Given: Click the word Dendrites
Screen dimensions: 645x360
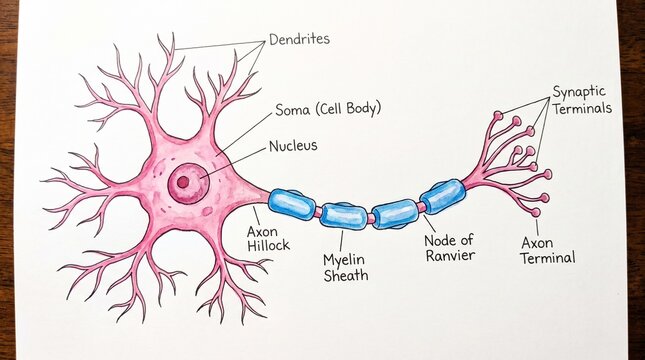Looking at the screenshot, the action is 299,39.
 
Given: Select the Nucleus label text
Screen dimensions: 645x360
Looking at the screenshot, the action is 293,146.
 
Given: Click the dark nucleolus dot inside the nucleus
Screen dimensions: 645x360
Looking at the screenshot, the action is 183,182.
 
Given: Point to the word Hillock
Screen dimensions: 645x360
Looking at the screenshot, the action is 268,246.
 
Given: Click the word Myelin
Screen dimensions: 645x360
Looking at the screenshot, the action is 344,260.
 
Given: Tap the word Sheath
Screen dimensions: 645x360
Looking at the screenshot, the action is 346,275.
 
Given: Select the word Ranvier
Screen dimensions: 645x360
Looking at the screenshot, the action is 450,255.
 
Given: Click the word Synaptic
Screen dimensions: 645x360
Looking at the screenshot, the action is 579,92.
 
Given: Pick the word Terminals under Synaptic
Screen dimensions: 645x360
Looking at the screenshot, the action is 582,108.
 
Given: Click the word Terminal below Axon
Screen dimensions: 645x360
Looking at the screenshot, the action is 548,258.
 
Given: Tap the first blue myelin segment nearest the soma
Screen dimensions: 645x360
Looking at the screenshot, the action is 292,204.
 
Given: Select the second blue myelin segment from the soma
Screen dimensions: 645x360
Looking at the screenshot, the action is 344,216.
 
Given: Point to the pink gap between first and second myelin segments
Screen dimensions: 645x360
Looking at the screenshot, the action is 318,211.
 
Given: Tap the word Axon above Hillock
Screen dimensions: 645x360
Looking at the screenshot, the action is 262,232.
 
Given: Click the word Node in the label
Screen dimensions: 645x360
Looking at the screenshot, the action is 439,240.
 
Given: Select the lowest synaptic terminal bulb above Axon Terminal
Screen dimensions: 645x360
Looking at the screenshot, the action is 536,213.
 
